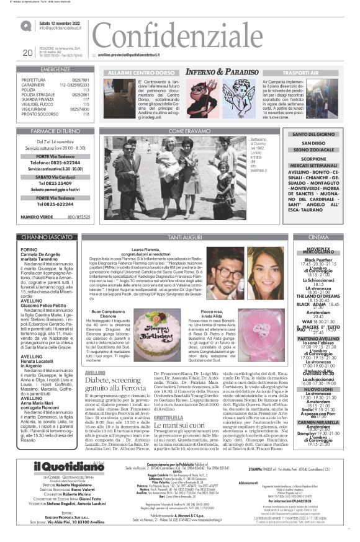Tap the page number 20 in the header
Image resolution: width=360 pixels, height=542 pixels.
pyautogui.click(x=27, y=53)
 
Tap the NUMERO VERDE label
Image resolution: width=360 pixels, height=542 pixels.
pyautogui.click(x=37, y=216)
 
